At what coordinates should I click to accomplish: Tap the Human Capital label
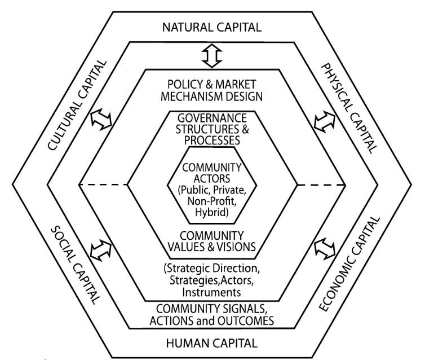[x=212, y=342]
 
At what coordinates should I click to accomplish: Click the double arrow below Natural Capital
[x=213, y=55]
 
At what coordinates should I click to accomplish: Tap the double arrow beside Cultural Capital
[x=101, y=118]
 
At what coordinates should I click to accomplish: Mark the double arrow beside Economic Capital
[x=324, y=248]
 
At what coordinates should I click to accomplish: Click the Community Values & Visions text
[x=212, y=240]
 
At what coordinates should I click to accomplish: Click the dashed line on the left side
[x=104, y=185]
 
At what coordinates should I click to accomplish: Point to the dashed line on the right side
[x=321, y=185]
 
